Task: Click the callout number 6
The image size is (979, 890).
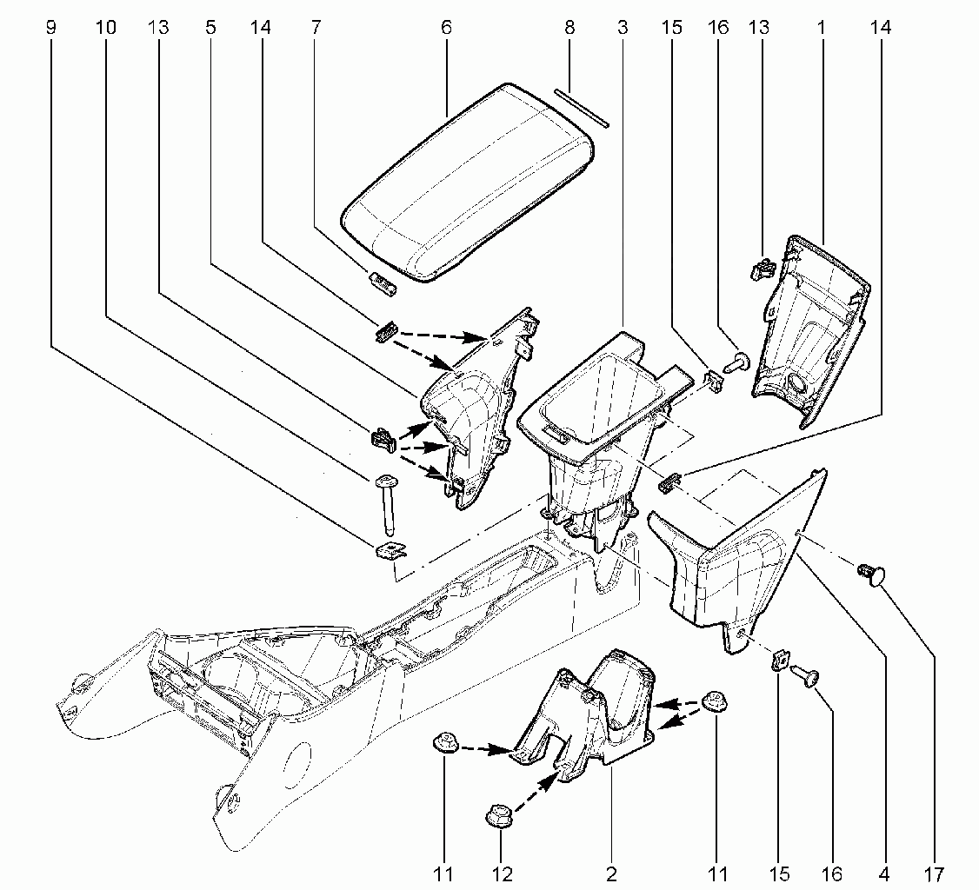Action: (446, 28)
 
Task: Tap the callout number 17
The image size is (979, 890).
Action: (934, 874)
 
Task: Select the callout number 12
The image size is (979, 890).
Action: (502, 874)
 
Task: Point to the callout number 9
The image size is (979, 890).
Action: (51, 28)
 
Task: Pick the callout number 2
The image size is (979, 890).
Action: (611, 874)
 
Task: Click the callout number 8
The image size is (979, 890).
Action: (569, 28)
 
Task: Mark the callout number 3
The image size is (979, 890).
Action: (622, 28)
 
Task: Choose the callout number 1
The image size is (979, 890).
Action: (821, 28)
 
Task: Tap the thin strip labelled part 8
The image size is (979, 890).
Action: (582, 108)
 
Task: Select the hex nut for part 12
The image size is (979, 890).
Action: (498, 816)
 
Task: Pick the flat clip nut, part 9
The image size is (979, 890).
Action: (391, 550)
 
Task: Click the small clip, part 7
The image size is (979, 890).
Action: (383, 282)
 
